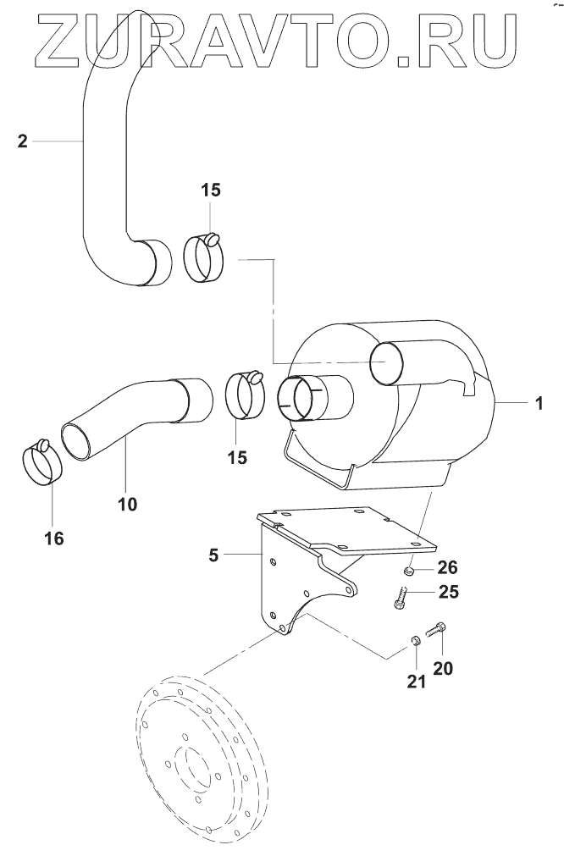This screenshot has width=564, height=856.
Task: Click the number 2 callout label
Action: tap(22, 141)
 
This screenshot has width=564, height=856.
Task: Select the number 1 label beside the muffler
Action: tap(539, 404)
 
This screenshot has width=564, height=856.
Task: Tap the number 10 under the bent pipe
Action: tap(127, 504)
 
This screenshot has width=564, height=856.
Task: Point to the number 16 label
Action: tap(53, 538)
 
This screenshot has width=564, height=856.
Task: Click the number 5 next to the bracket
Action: tap(213, 555)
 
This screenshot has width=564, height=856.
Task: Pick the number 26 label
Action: tap(447, 566)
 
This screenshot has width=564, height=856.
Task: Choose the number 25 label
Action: tap(448, 592)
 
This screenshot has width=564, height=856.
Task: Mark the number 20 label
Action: tap(443, 667)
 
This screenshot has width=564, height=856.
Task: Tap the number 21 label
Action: tap(415, 682)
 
